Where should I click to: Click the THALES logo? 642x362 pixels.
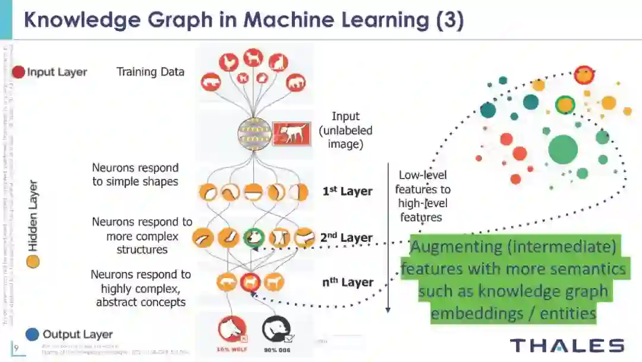coord(567,345)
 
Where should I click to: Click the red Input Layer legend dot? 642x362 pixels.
coord(18,72)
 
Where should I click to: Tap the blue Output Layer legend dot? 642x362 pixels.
coord(33,334)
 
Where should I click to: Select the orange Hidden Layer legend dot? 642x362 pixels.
coord(33,261)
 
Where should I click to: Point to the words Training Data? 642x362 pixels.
coord(150,72)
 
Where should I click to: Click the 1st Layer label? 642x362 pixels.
coord(347,191)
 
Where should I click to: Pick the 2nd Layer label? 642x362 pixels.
coord(347,238)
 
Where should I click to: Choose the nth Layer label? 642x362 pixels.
coord(348,282)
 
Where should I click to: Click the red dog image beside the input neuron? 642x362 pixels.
coord(291,134)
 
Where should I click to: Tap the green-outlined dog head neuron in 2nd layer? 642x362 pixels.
coord(254,238)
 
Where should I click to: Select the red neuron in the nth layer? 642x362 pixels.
coord(251,282)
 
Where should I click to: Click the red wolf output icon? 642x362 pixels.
coord(232,329)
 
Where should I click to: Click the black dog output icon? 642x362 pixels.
coord(276,329)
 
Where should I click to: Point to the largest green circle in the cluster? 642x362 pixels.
coord(562,149)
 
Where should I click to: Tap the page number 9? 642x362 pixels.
coord(16,347)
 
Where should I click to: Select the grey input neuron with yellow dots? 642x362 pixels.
coord(254,134)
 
